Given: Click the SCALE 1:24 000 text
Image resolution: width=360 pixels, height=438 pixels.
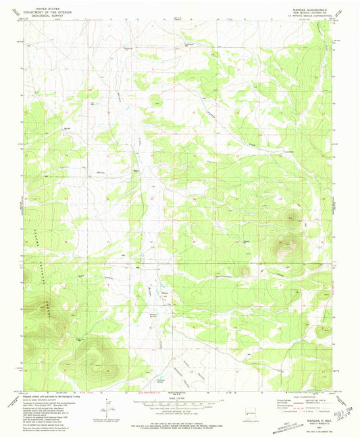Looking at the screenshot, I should point(180,396).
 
